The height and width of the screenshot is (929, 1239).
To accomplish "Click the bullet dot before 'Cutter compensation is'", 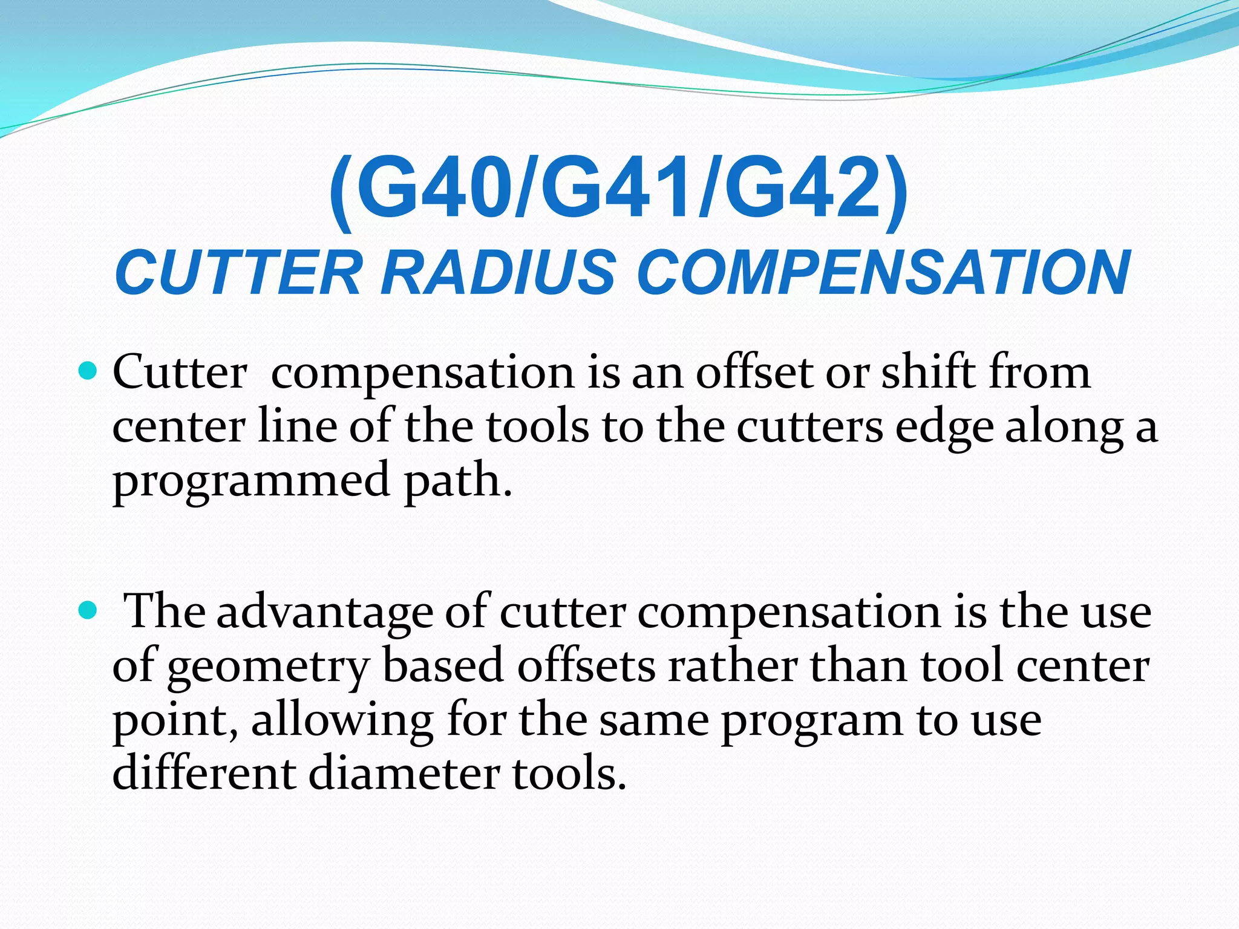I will (88, 370).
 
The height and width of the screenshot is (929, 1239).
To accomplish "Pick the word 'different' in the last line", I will (204, 773).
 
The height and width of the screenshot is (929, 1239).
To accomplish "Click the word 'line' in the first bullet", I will (297, 426).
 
